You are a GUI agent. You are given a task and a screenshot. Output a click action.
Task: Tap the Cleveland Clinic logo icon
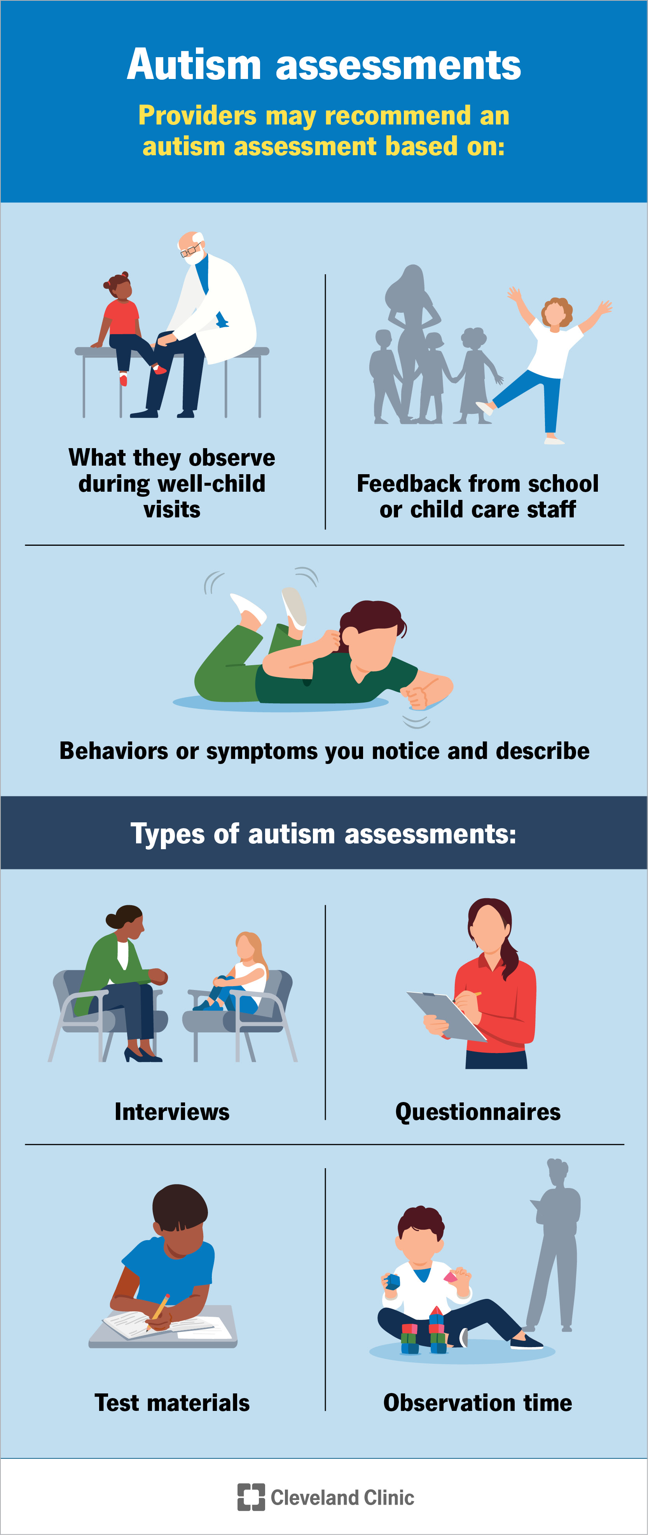coord(251,1497)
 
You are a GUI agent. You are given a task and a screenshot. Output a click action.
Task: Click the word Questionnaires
coord(478,1112)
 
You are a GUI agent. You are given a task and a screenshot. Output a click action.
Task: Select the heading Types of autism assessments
coord(323,834)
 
